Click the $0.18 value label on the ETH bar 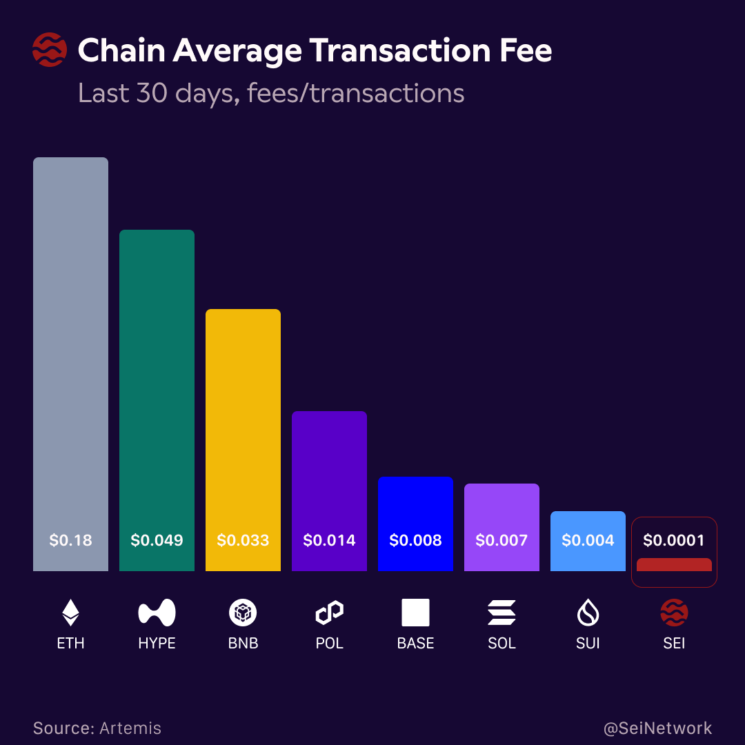point(70,540)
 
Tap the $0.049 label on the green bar point(157,540)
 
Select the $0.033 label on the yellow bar point(243,540)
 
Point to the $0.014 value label point(329,540)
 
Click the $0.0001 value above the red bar point(674,540)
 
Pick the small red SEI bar point(674,565)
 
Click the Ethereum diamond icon point(70,613)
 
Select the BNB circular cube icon point(243,613)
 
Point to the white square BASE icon point(415,613)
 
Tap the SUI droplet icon point(588,613)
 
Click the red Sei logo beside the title point(50,51)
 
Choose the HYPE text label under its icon point(157,644)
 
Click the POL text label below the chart point(329,644)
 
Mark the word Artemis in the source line point(130,728)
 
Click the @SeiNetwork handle point(657,728)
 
